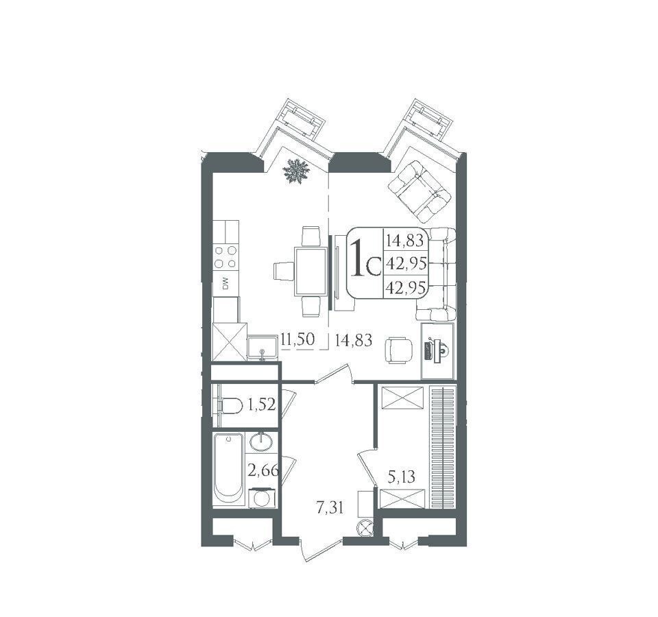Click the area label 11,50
[297, 339]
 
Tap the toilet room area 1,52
[261, 405]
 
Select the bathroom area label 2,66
[263, 470]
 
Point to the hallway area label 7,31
[330, 508]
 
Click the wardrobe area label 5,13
[402, 476]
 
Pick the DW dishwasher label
[226, 284]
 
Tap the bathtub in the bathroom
[228, 470]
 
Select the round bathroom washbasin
[262, 442]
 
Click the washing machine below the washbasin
[263, 498]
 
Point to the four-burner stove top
[226, 257]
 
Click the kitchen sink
[263, 347]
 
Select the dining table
[311, 271]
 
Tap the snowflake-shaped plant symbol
[296, 171]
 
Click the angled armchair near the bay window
[419, 191]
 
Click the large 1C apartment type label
[364, 259]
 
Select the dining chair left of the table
[283, 270]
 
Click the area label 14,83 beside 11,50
[354, 339]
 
